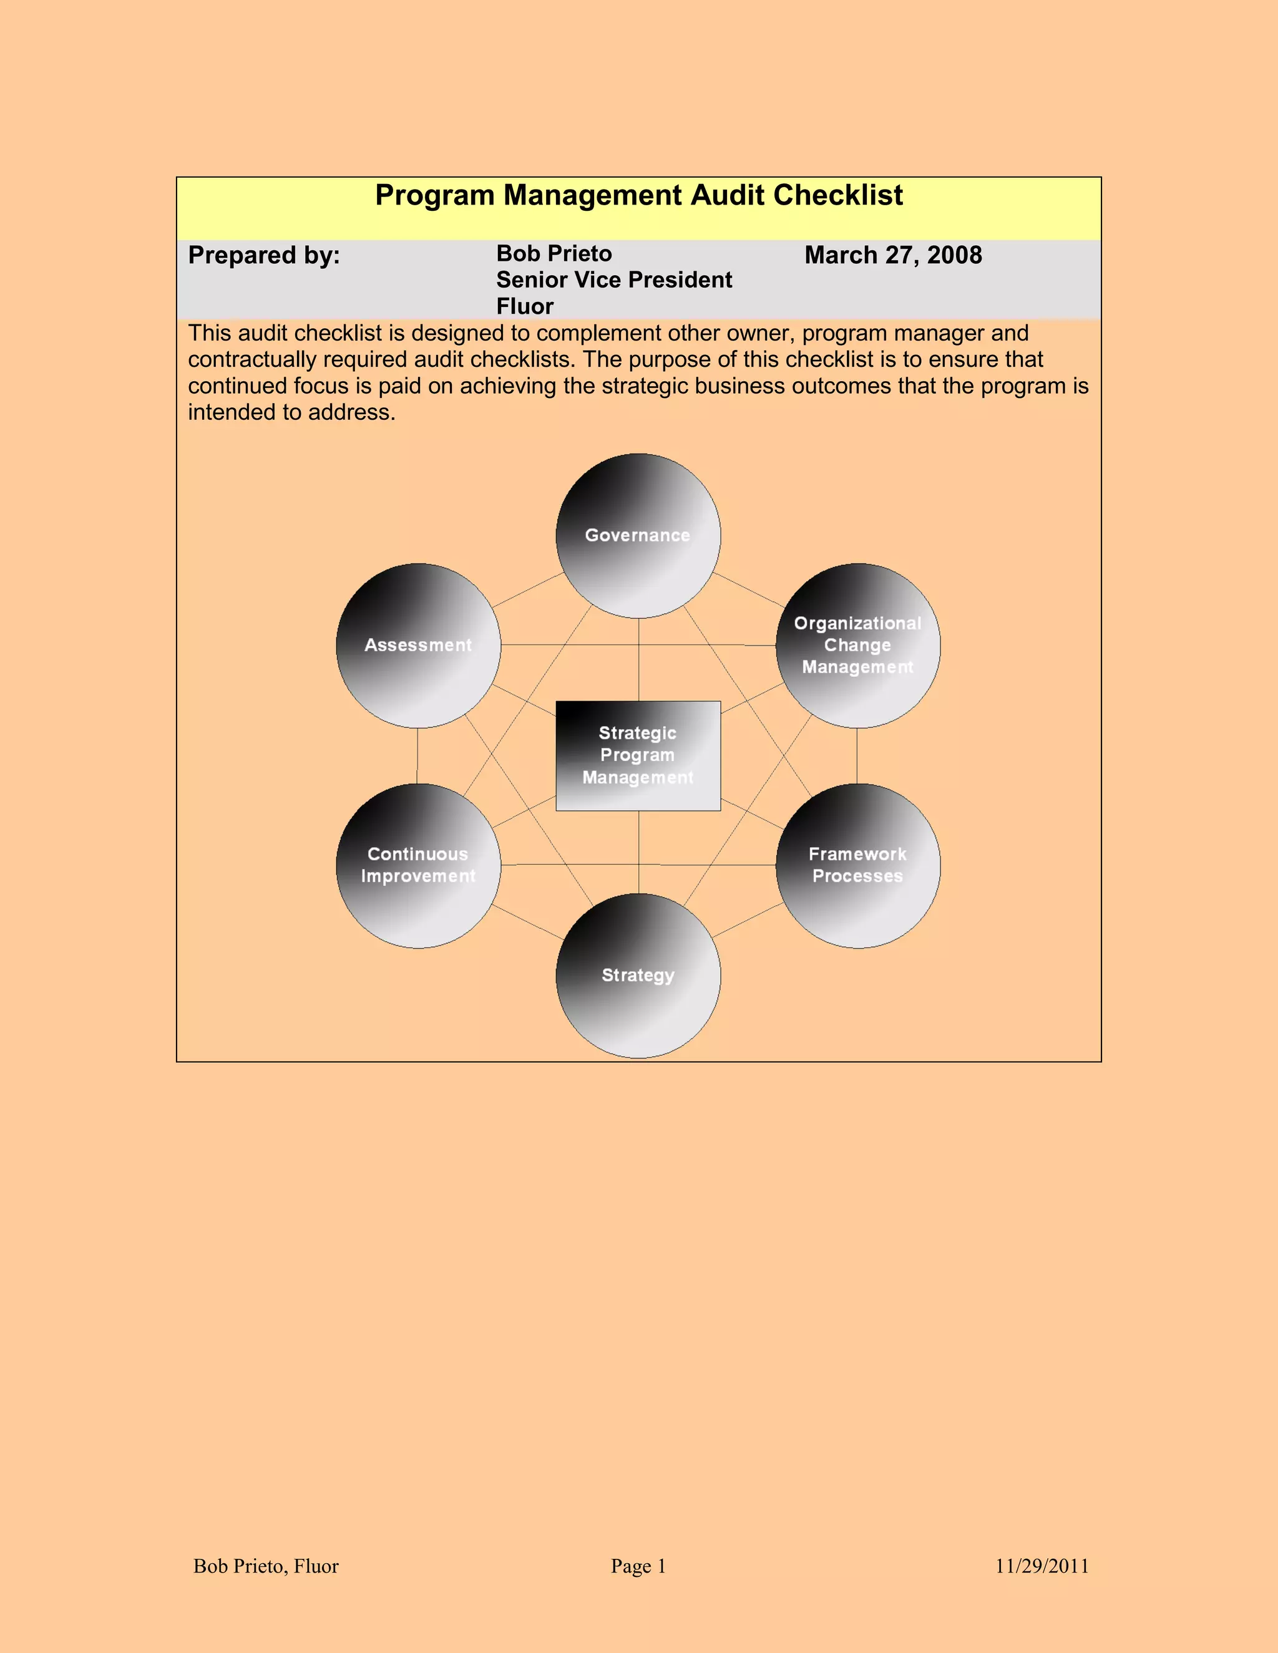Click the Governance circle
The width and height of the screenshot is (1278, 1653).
(x=638, y=536)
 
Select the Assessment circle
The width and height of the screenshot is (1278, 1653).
(x=418, y=646)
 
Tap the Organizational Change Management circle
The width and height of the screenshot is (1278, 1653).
(x=858, y=646)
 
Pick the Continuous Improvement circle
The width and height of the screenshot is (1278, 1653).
(x=418, y=865)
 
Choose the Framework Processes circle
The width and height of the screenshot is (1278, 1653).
(x=858, y=865)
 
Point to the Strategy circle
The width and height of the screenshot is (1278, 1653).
(x=638, y=976)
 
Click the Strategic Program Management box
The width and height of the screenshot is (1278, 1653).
(x=638, y=755)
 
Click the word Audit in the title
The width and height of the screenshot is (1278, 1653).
(x=728, y=195)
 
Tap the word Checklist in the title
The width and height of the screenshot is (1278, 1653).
(x=838, y=195)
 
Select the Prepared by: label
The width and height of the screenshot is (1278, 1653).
(x=264, y=255)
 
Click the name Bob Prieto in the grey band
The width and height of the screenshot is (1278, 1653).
(x=554, y=253)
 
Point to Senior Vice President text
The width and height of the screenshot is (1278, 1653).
(x=614, y=280)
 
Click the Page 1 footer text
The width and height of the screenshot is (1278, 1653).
(x=638, y=1566)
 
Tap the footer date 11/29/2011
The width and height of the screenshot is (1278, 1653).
(x=1041, y=1566)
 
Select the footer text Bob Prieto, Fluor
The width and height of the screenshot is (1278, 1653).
(x=266, y=1566)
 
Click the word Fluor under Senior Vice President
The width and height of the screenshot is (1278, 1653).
(x=525, y=306)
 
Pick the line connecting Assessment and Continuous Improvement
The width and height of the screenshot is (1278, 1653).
(x=417, y=755)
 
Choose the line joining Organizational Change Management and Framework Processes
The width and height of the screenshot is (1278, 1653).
(x=857, y=755)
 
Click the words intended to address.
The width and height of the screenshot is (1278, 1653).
(x=291, y=412)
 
